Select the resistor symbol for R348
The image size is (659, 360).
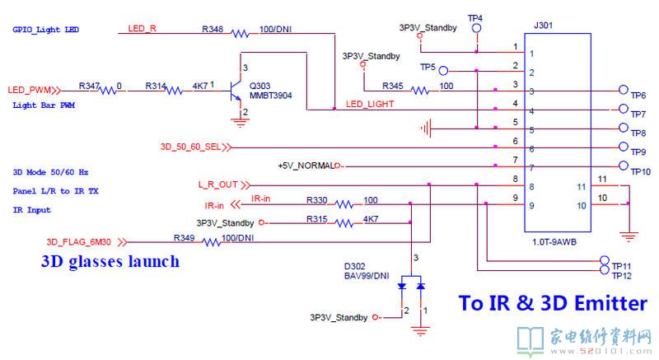click(240, 34)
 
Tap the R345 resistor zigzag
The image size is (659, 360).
click(419, 91)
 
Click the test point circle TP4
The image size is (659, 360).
click(476, 28)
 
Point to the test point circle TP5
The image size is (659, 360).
click(443, 71)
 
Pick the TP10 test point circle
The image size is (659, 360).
click(624, 166)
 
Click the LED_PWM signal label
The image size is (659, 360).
click(29, 90)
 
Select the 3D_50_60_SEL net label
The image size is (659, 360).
click(190, 147)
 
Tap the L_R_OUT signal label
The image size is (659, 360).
click(218, 185)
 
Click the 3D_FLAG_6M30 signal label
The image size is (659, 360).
click(79, 242)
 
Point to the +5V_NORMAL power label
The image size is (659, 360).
click(306, 166)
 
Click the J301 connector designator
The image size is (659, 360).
click(543, 26)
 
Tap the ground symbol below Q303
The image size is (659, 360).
click(240, 123)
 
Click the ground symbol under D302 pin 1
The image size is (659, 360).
click(420, 331)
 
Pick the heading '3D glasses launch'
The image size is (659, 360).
click(110, 261)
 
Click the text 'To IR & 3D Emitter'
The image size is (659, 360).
click(553, 303)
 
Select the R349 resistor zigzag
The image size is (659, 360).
click(212, 242)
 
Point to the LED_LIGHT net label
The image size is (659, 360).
click(370, 104)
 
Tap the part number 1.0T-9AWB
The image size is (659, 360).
click(554, 242)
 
